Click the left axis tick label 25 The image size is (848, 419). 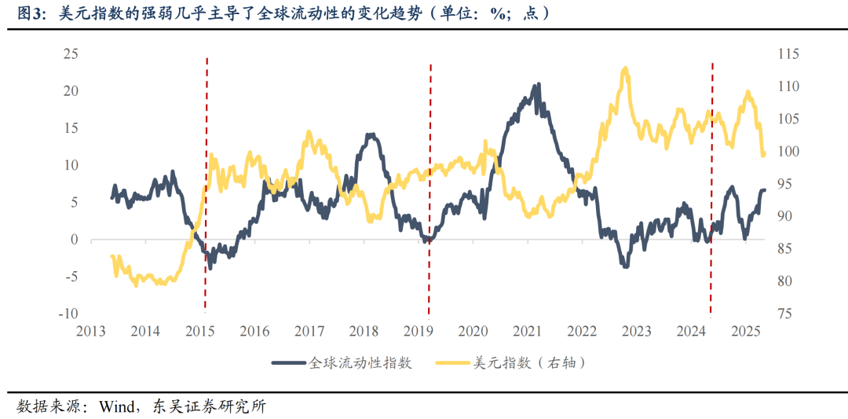point(71,53)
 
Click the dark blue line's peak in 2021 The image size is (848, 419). point(538,84)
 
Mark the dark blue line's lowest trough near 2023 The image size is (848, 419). point(626,266)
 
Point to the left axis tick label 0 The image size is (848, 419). point(75,240)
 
